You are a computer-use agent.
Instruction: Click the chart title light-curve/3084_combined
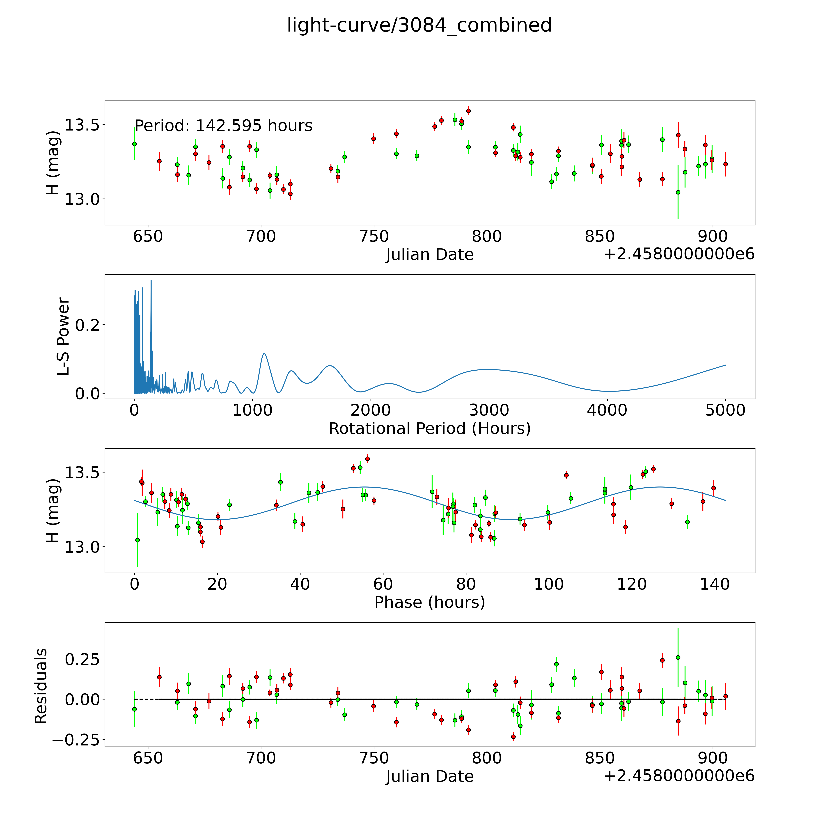coord(419,25)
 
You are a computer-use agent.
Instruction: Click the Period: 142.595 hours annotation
coord(223,126)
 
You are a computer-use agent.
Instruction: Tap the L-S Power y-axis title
coord(63,337)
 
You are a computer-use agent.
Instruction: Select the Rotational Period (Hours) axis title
coord(429,429)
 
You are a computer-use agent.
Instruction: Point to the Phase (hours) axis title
coord(429,602)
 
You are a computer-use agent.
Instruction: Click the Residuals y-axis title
coord(41,686)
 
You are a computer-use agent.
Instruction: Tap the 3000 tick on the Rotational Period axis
coord(489,410)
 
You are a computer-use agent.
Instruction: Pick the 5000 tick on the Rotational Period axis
coord(725,410)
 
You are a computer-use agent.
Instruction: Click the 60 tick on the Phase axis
coord(383,585)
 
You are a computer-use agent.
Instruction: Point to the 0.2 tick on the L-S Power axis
coord(87,325)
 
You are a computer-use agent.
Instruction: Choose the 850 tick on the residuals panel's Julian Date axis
coord(600,758)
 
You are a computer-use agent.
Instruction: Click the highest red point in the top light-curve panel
coord(468,111)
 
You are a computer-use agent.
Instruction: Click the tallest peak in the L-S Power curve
coord(151,281)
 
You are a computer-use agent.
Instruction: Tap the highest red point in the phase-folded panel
coord(367,459)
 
